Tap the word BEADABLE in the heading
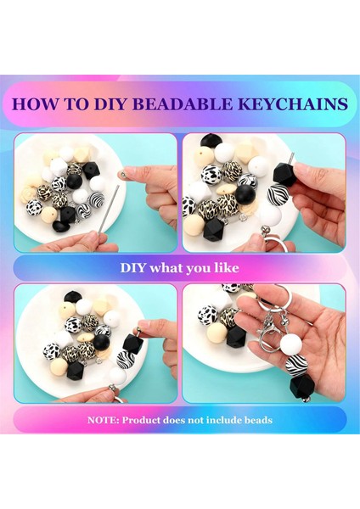point(194,104)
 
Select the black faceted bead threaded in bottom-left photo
point(132,345)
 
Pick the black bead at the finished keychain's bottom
point(301,388)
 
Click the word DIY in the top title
point(114,104)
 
